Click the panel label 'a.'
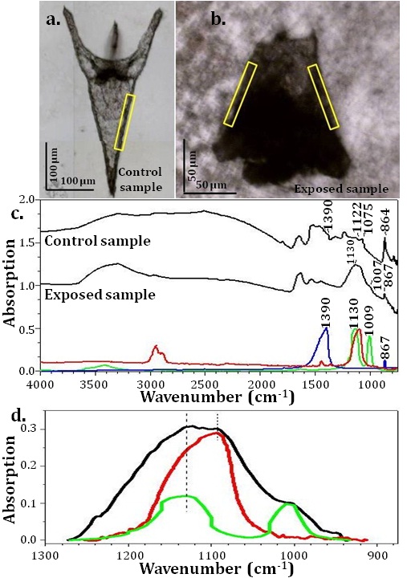[x=54, y=20]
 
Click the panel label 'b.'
[x=218, y=20]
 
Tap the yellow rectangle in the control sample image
[x=124, y=122]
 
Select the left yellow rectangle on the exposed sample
[x=240, y=95]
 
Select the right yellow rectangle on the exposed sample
[x=324, y=97]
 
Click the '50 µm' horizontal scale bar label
[x=211, y=185]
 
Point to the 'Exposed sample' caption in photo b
[x=341, y=189]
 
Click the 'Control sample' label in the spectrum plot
[x=97, y=241]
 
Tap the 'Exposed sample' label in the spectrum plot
[x=100, y=295]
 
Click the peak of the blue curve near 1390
[x=326, y=328]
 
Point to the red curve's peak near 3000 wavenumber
[x=156, y=346]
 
